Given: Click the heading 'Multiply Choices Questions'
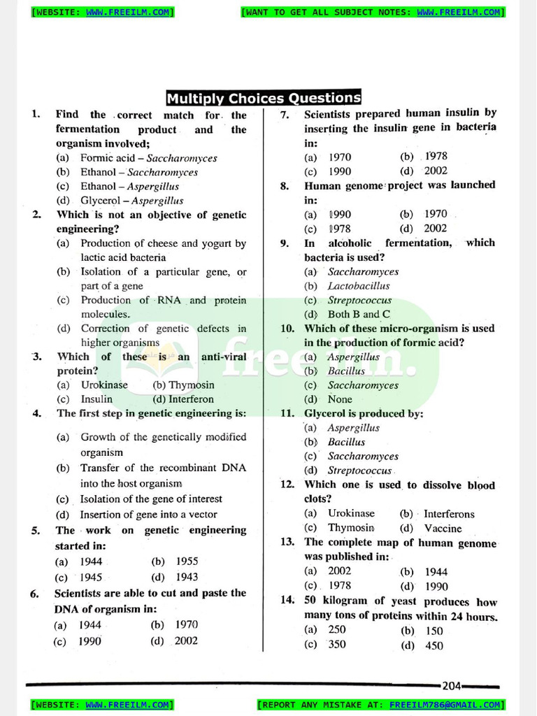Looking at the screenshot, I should pos(264,98).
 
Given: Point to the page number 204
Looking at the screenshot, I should pos(452,686).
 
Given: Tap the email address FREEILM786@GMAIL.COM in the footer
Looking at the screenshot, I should pos(445,705).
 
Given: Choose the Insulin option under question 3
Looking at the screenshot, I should pos(96,399).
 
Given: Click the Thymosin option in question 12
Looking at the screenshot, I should pos(351,528).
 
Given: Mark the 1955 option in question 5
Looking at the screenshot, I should pos(187,561).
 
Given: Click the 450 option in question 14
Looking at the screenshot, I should pos(434,646).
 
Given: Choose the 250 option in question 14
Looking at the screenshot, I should pos(337,630).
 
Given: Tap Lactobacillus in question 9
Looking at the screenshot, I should pos(359,286).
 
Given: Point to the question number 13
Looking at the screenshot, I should pos(287,542).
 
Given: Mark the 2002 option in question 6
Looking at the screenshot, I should pos(186,640).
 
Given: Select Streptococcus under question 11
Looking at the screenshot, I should pos(359,471).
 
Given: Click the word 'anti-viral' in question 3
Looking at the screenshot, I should pos(224,357).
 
